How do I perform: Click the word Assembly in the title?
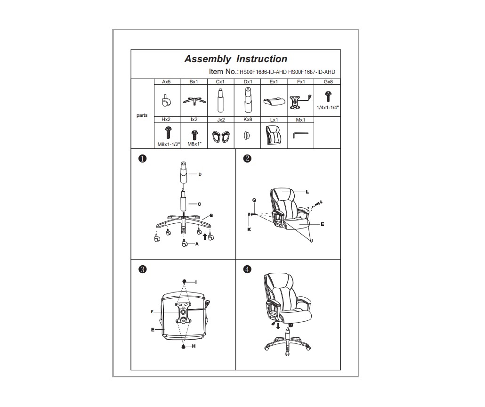coord(208,59)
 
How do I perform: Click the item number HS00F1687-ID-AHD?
coord(311,72)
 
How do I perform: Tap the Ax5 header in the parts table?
coord(166,81)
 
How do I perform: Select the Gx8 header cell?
coord(328,81)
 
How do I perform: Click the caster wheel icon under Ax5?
coord(166,101)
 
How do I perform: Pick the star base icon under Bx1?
coord(194,101)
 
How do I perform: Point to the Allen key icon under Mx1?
coord(300,135)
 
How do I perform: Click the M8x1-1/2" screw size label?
coord(169,144)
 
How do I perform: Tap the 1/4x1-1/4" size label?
coord(328,108)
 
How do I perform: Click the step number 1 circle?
coord(142,159)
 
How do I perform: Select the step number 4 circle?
coord(247,269)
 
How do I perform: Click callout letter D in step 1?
coord(200,174)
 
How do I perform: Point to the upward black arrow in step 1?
coord(204,237)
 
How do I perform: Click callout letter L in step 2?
coord(307,192)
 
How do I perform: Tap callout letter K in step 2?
coord(249,229)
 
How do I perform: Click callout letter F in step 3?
coord(152,312)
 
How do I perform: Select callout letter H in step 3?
coord(194,346)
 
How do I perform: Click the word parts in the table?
coord(142,115)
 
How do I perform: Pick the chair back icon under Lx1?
coord(274,135)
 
